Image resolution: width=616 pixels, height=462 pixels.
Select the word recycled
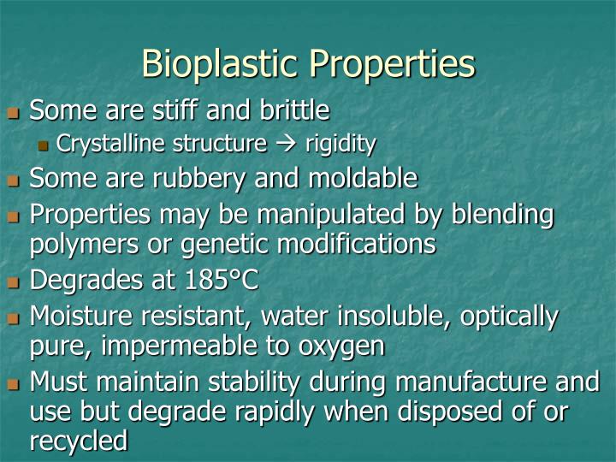(x=79, y=441)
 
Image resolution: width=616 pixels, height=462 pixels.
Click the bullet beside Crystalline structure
(x=44, y=145)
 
